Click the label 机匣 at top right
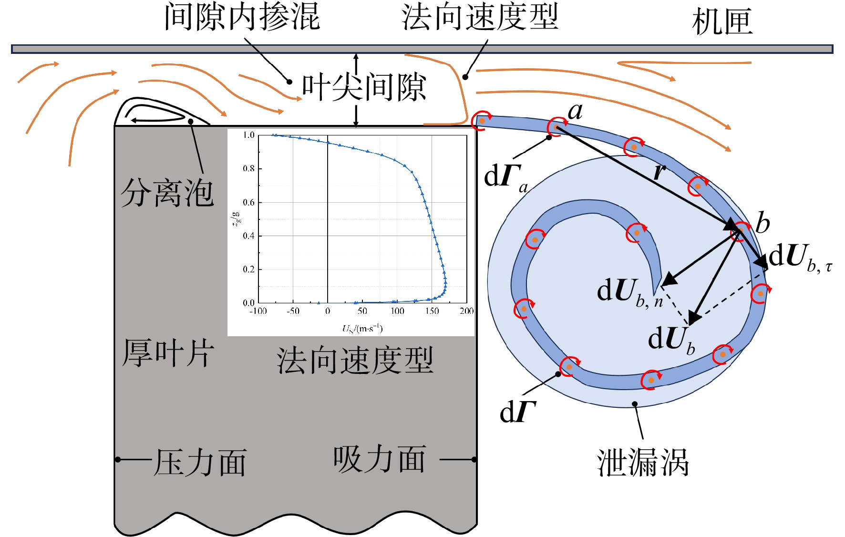[x=722, y=21]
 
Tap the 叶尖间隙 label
[x=364, y=87]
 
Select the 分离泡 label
[x=167, y=193]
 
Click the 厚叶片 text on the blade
[x=168, y=353]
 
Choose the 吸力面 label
[x=380, y=459]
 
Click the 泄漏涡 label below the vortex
[x=643, y=462]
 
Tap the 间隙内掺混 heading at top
[x=242, y=16]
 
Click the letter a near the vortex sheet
[x=576, y=111]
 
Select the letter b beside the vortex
[x=763, y=222]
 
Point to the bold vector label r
[x=660, y=171]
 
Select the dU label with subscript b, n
[x=630, y=291]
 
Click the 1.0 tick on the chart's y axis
[x=249, y=135]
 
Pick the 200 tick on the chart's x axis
[x=466, y=311]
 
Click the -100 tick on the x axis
[x=258, y=311]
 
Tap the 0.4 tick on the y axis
[x=249, y=236]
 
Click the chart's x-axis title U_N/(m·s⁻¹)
[x=362, y=328]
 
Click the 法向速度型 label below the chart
[x=355, y=360]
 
